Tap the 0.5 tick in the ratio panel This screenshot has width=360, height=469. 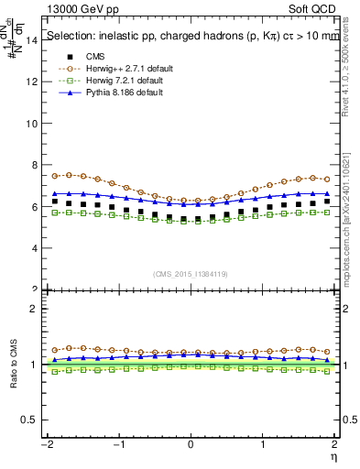(30, 420)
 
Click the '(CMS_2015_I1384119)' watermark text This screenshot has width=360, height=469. (191, 274)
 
